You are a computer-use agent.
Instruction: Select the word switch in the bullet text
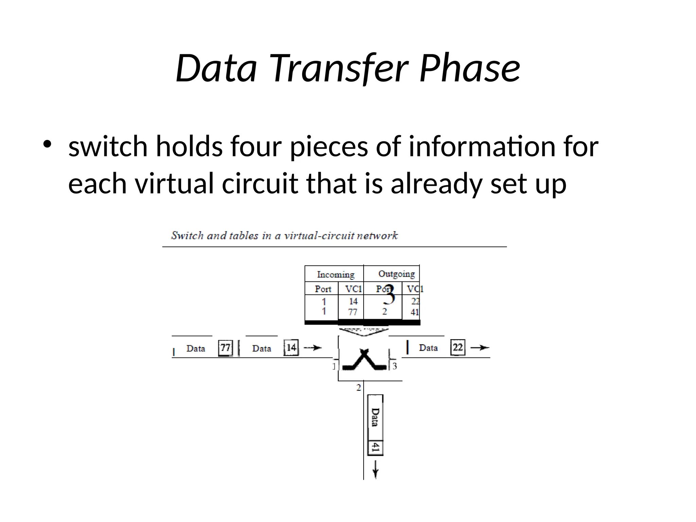click(108, 146)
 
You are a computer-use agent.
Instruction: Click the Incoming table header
click(335, 274)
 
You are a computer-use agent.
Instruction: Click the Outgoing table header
click(396, 274)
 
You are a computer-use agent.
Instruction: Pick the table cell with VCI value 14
click(353, 301)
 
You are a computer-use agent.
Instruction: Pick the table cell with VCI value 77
click(353, 312)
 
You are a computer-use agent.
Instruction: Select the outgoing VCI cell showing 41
click(415, 312)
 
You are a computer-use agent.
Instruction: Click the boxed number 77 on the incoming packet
click(225, 348)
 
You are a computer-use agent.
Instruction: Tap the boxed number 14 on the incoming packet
click(291, 347)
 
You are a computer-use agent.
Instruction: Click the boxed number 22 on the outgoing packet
click(457, 347)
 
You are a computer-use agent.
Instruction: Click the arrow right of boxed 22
click(480, 347)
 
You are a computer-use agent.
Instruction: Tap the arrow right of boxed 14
click(312, 347)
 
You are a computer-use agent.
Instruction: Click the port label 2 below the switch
click(359, 387)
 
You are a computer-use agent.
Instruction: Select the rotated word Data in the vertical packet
click(375, 417)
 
